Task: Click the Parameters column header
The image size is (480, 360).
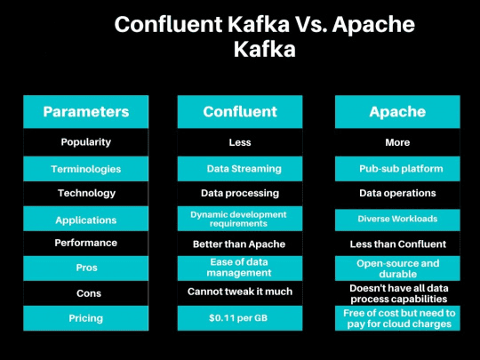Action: (86, 112)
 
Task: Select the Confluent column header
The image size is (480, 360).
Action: (240, 112)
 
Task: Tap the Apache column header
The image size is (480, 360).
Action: (397, 112)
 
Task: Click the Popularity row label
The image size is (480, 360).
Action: (86, 142)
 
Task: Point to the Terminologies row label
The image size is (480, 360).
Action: (86, 168)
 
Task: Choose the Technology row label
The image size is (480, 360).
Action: (86, 193)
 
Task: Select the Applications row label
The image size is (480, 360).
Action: (86, 219)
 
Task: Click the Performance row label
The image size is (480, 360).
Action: (86, 243)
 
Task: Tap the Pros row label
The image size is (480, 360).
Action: (86, 268)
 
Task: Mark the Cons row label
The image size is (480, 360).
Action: (86, 292)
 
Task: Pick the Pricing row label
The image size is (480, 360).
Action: (86, 317)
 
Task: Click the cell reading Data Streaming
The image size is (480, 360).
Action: (240, 168)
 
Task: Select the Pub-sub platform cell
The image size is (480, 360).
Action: (397, 168)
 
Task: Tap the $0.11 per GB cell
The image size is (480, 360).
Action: (240, 317)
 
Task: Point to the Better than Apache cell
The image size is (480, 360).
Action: (240, 243)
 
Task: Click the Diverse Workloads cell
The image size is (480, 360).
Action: (397, 219)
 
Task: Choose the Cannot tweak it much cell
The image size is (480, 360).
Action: (240, 292)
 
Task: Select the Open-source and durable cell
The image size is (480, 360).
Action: (397, 268)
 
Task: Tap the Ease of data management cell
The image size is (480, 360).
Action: (240, 268)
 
